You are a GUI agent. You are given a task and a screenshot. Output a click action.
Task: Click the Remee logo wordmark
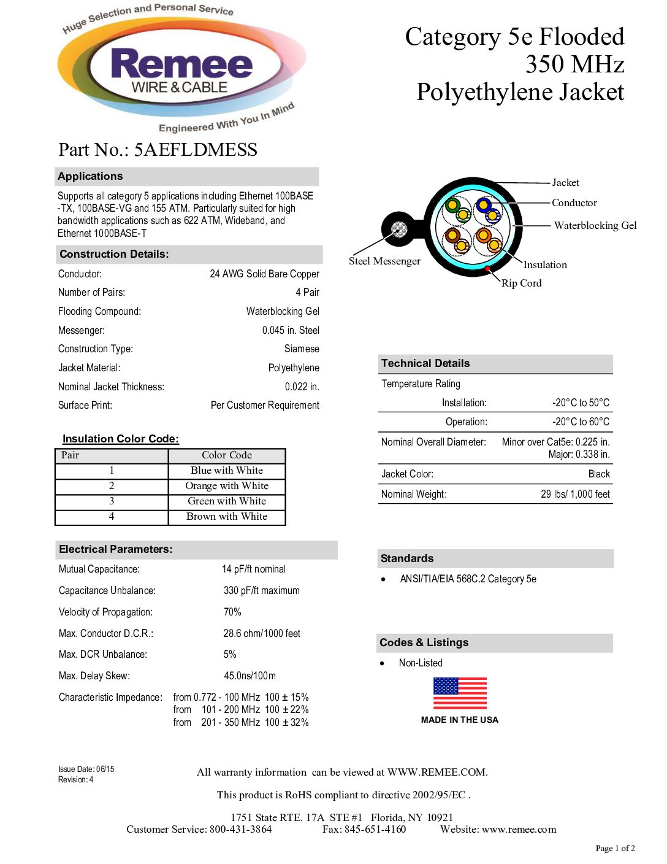[181, 64]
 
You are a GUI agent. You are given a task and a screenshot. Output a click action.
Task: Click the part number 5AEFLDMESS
[196, 150]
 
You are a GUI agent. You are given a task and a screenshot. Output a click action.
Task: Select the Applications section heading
[90, 176]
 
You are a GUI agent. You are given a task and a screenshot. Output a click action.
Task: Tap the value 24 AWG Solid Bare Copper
[264, 274]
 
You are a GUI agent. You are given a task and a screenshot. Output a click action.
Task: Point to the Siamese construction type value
[302, 349]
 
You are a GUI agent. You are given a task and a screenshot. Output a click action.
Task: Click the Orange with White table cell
[227, 485]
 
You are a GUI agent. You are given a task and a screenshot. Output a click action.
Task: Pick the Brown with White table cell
[227, 516]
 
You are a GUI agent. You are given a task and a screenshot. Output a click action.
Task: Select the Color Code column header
[227, 455]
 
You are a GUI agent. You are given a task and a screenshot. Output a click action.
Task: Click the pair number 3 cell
[112, 501]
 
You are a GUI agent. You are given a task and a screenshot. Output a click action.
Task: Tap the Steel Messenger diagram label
[384, 261]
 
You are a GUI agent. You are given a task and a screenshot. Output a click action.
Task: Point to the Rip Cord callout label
[521, 283]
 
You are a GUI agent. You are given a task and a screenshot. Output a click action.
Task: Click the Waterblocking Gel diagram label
[595, 225]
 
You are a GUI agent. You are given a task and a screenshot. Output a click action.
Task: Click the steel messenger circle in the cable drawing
[399, 230]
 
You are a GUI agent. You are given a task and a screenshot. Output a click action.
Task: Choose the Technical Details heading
[425, 363]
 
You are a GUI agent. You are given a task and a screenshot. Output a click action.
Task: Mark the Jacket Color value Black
[599, 474]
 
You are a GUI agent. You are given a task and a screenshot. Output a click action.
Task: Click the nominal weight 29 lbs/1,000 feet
[575, 494]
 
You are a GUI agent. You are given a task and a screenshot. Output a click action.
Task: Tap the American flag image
[460, 693]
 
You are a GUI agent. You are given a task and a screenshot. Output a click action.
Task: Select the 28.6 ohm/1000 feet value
[262, 633]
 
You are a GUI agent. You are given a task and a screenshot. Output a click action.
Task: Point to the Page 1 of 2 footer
[615, 848]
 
